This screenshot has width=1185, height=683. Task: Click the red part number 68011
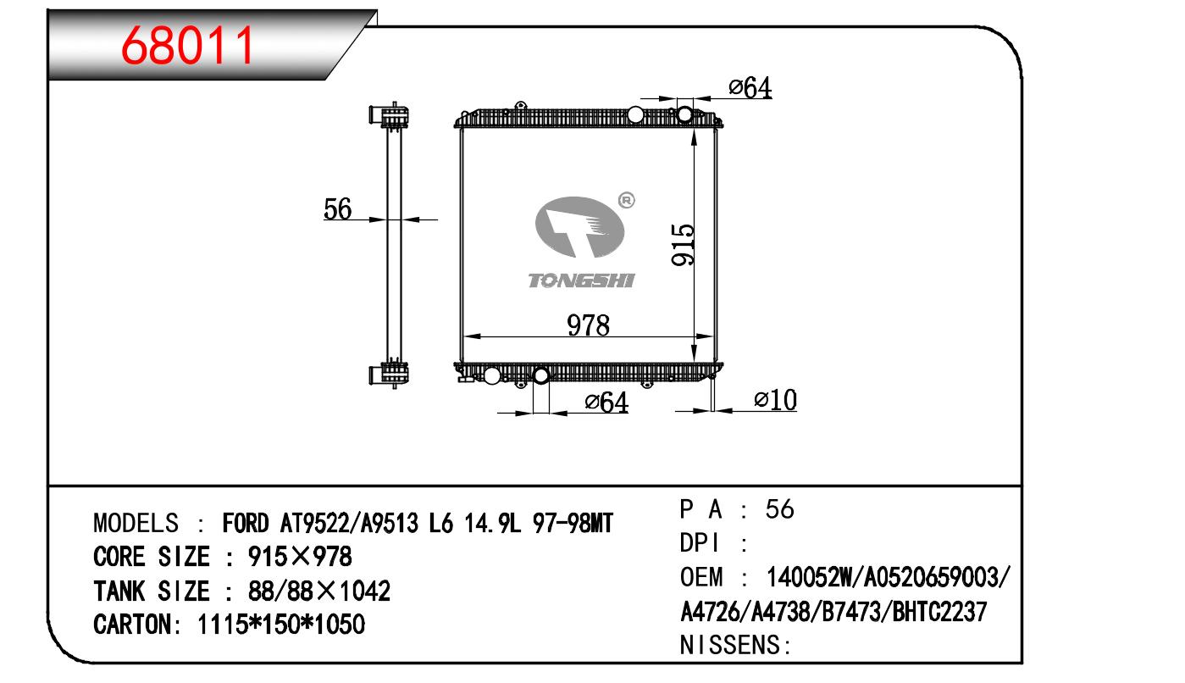187,46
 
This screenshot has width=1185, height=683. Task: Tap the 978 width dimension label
588,325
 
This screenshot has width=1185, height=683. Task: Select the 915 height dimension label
683,244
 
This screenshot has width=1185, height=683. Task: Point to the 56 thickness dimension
337,208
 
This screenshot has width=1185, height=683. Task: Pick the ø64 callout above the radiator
750,87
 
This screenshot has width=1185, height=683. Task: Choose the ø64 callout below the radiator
606,402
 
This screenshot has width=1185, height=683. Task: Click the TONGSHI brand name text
581,280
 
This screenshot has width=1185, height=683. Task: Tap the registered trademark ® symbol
626,201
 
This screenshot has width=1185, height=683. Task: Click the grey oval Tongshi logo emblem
580,227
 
